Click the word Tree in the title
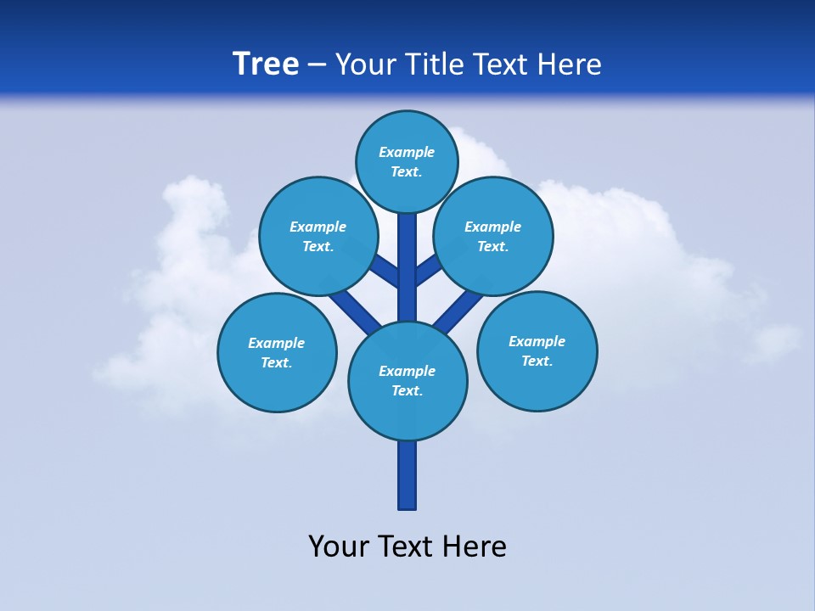pos(266,64)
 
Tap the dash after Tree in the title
pos(318,65)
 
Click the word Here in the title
pos(571,64)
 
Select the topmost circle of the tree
pos(407,161)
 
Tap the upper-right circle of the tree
pos(493,236)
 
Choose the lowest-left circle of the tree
pos(277,352)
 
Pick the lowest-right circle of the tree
pos(537,350)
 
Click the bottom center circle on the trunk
pos(407,380)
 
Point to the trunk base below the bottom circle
pos(407,475)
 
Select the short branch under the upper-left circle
pos(385,270)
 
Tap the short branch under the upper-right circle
pos(429,270)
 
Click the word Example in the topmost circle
pos(407,152)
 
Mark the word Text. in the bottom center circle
pos(407,390)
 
